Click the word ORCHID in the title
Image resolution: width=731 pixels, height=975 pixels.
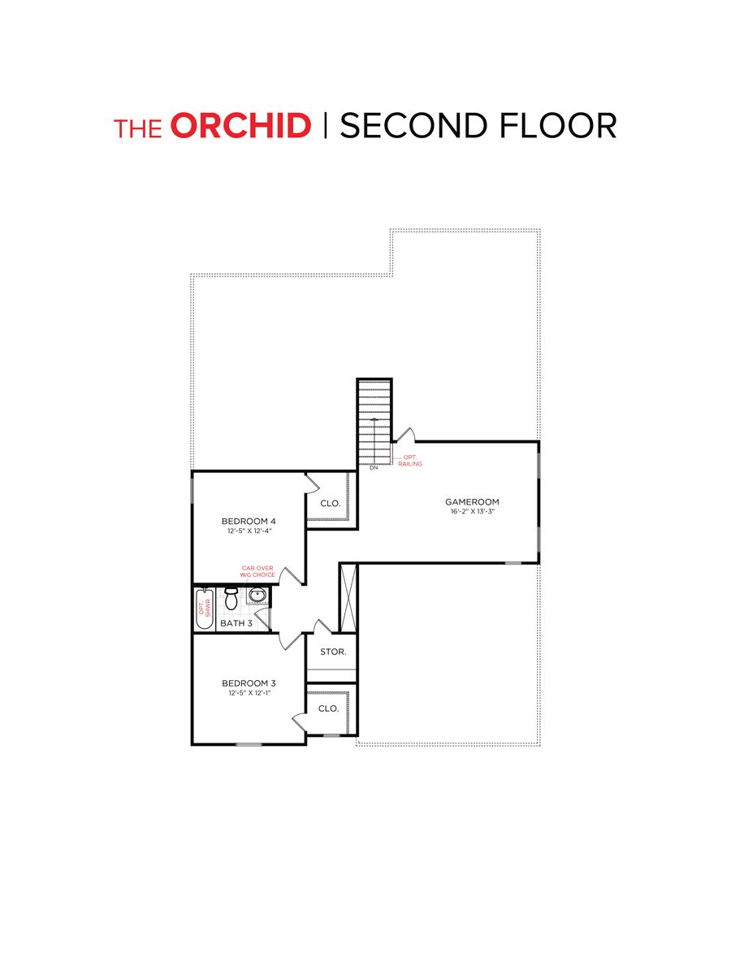[x=241, y=127]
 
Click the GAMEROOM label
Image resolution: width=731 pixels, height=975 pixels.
[x=471, y=501]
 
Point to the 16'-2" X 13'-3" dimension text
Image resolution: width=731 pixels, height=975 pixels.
[x=471, y=512]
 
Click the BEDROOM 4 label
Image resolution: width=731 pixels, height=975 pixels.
[x=249, y=521]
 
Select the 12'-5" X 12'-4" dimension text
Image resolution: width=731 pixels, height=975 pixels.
[x=249, y=531]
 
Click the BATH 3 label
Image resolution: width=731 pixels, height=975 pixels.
[x=236, y=623]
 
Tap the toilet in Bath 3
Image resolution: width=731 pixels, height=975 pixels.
[x=231, y=600]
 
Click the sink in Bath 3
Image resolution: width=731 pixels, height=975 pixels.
[x=257, y=596]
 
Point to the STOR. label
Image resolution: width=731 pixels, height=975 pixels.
[x=333, y=652]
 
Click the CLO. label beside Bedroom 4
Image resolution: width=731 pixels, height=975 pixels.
[x=330, y=504]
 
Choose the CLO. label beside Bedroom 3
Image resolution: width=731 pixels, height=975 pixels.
[x=328, y=708]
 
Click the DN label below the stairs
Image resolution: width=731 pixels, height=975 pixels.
[x=374, y=468]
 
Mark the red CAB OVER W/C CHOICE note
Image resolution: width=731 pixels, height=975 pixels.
[x=258, y=572]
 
